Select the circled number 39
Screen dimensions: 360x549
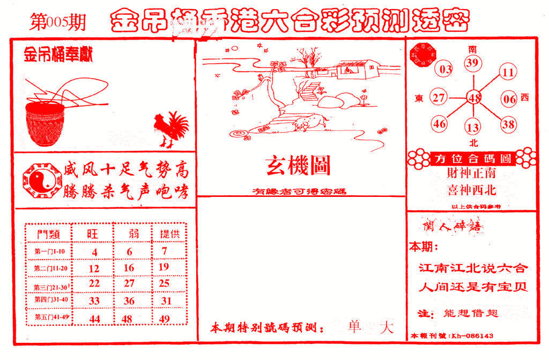472,64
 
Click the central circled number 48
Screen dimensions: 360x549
474,98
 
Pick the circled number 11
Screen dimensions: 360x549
508,72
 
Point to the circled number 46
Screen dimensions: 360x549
440,124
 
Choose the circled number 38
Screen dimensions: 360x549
508,124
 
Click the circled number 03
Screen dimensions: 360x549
446,70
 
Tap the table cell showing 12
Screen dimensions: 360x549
94,268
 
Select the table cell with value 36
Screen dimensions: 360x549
129,302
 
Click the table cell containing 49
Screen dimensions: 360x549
165,319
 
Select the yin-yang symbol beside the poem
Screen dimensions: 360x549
38,180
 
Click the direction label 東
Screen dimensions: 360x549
419,98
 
